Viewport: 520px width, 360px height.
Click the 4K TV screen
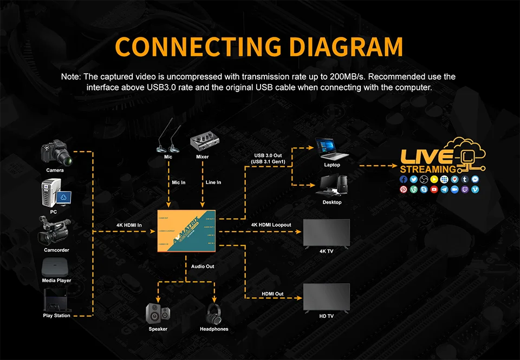[x=327, y=233]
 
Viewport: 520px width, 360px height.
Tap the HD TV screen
[x=327, y=297]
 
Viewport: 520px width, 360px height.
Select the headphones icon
[x=214, y=313]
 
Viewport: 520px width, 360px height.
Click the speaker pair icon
[x=158, y=312]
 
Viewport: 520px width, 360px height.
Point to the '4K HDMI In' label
[x=129, y=225]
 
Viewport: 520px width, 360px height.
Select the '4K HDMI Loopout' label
[x=271, y=225]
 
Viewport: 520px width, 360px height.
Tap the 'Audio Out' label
[x=203, y=266]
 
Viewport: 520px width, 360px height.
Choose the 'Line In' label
[x=213, y=182]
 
